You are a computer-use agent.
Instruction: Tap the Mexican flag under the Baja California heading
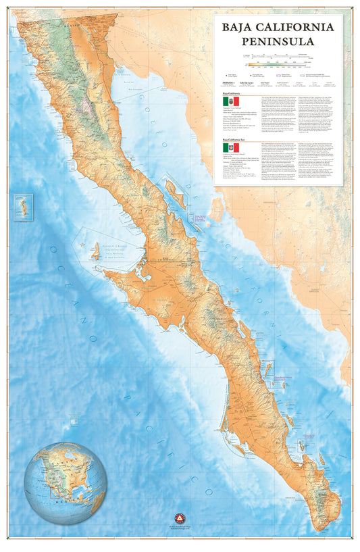pos(232,102)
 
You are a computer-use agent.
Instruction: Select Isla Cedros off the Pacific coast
pos(97,252)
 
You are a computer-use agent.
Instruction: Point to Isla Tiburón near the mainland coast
pos(217,210)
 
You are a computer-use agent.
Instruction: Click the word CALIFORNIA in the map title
pos(298,27)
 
